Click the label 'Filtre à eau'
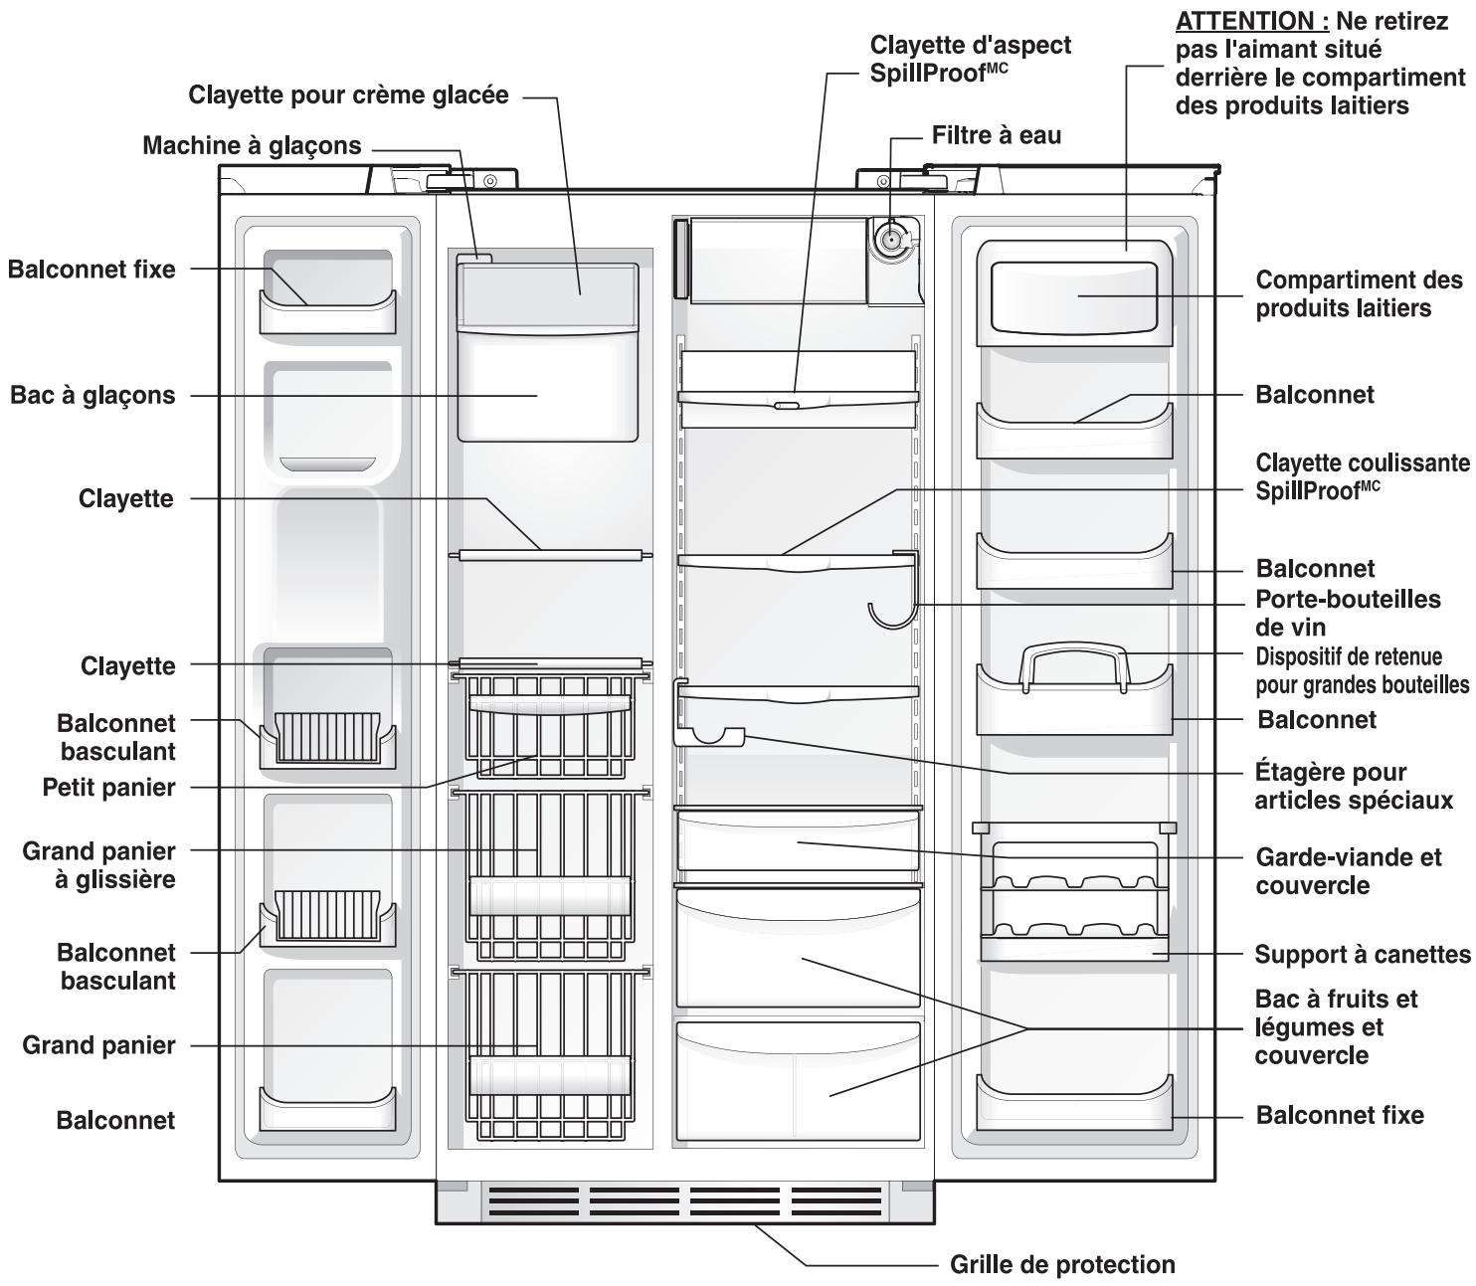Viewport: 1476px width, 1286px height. coord(996,135)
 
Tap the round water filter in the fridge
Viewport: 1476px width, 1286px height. coord(889,240)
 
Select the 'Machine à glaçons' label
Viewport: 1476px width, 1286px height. coord(252,145)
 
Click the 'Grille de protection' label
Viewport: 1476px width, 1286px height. coord(1062,1264)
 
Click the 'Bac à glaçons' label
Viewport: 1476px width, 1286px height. coord(92,395)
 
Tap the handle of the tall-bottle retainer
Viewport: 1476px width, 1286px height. coord(1074,652)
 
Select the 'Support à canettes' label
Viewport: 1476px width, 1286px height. coord(1362,954)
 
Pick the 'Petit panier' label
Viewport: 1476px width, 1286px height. coord(108,787)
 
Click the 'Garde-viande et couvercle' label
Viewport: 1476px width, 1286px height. coord(1348,871)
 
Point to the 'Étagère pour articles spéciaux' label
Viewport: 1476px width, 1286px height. coord(1353,786)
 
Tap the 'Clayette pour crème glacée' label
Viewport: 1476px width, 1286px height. coord(348,95)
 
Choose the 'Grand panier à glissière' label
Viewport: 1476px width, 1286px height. coord(98,865)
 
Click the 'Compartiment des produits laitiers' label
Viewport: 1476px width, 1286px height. coord(1359,293)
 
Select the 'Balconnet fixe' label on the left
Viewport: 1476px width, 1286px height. coord(92,269)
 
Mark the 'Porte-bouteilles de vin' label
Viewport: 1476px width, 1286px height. coord(1347,613)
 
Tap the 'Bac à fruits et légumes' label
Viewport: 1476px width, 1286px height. coord(1335,1026)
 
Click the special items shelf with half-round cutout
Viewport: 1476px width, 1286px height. coord(710,736)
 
